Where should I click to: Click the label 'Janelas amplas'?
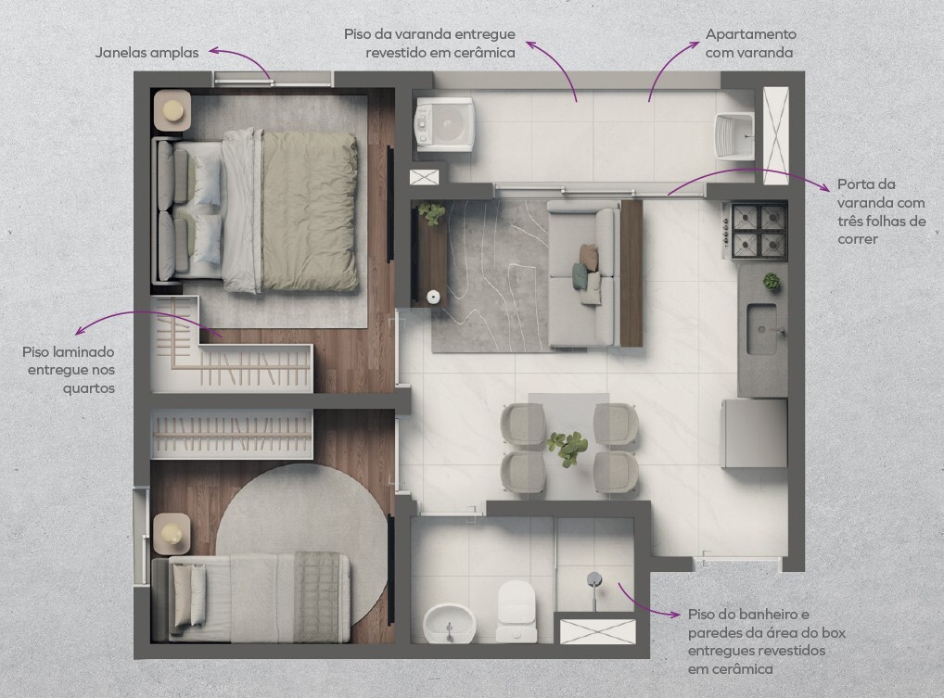[x=147, y=52]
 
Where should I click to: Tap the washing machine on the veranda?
[x=444, y=124]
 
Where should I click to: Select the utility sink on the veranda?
[x=734, y=136]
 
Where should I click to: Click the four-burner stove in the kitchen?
[x=759, y=230]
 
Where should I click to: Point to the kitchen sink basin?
[x=761, y=329]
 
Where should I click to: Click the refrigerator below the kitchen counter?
[x=755, y=433]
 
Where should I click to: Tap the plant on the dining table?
[x=568, y=448]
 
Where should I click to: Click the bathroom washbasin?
[x=449, y=624]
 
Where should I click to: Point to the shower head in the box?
[x=594, y=579]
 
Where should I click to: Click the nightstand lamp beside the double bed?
[x=173, y=109]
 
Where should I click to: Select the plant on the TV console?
[x=432, y=213]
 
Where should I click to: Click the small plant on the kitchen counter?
[x=771, y=281]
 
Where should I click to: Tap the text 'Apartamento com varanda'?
[x=750, y=44]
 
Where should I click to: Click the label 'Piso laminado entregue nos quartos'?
[x=69, y=370]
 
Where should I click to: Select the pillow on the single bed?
[x=189, y=596]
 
